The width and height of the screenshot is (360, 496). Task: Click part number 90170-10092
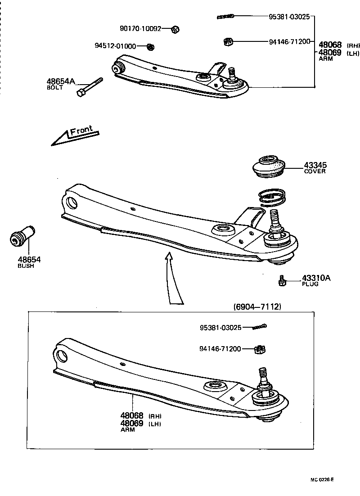pos(140,28)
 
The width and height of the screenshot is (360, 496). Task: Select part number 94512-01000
pos(115,45)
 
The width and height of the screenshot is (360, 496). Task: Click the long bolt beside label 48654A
pos(90,87)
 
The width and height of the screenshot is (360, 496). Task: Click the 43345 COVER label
pos(315,168)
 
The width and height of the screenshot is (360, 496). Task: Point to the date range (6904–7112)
pos(257,307)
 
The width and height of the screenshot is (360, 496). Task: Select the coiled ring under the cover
pos(272,197)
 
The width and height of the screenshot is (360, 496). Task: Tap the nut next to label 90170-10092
pos(176,29)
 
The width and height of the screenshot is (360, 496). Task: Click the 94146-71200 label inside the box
pos(220,348)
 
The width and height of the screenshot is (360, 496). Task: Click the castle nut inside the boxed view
pos(259,349)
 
